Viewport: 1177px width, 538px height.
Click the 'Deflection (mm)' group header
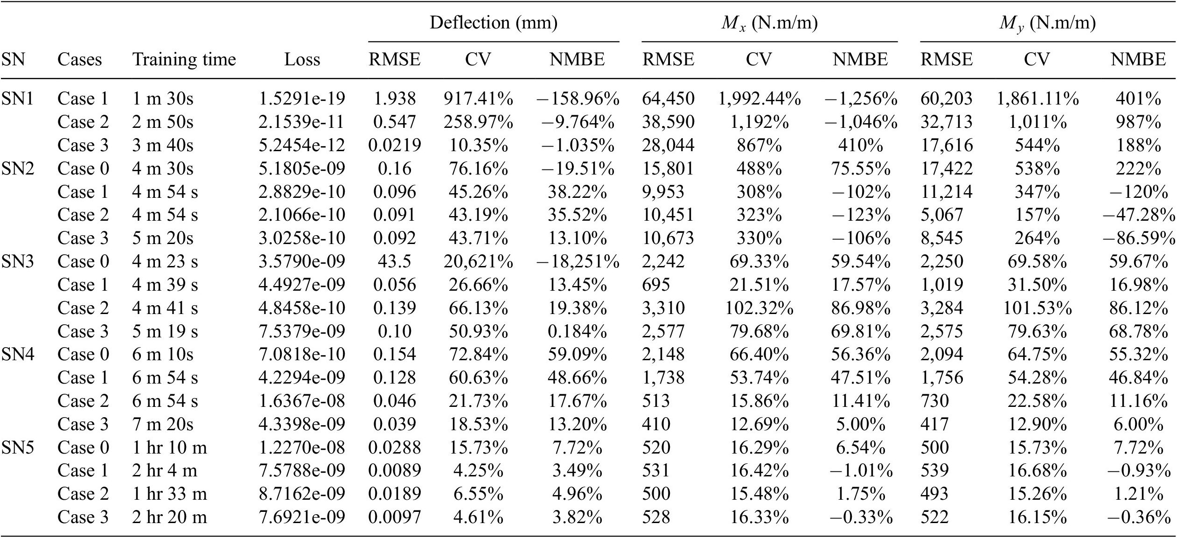click(494, 23)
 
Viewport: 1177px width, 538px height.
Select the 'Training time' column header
click(184, 60)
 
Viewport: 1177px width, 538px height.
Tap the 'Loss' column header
click(302, 60)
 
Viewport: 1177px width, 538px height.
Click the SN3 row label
click(18, 261)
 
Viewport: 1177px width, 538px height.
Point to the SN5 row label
click(18, 447)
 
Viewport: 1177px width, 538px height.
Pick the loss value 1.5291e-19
click(302, 98)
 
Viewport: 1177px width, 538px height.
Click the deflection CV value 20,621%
click(478, 261)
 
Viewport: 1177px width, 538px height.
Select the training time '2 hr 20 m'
click(169, 517)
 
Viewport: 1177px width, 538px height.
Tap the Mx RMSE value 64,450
click(668, 98)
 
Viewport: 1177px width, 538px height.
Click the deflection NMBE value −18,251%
click(578, 261)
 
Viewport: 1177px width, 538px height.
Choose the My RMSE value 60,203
click(947, 98)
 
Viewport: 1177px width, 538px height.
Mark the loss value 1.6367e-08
click(302, 401)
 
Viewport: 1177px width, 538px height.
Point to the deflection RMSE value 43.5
click(395, 261)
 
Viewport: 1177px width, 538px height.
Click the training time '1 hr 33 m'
click(169, 494)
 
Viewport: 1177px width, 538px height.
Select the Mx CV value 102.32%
click(759, 308)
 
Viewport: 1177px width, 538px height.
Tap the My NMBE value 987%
click(1138, 122)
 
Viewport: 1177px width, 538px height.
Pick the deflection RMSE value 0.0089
click(395, 470)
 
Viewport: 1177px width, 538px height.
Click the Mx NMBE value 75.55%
click(860, 168)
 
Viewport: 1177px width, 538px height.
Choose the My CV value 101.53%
click(1037, 308)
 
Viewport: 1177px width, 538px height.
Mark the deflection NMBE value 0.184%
click(578, 331)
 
